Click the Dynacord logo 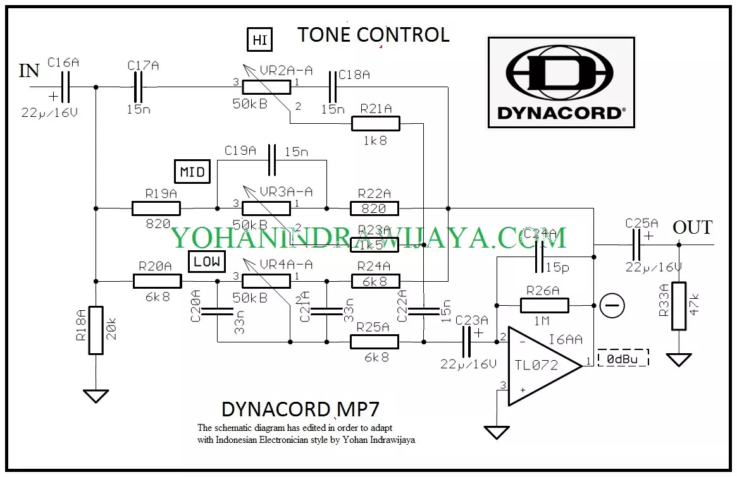(560, 82)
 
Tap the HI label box (259, 40)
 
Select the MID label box (192, 172)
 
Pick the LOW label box (207, 261)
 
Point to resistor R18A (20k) (96, 330)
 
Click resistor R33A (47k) (679, 306)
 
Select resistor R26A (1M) (545, 306)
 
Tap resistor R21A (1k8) (375, 124)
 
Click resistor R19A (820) (156, 208)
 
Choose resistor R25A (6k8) (375, 342)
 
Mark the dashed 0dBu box (623, 358)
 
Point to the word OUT (692, 227)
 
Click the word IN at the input (29, 71)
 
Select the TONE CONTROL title (373, 35)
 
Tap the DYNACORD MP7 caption (300, 408)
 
